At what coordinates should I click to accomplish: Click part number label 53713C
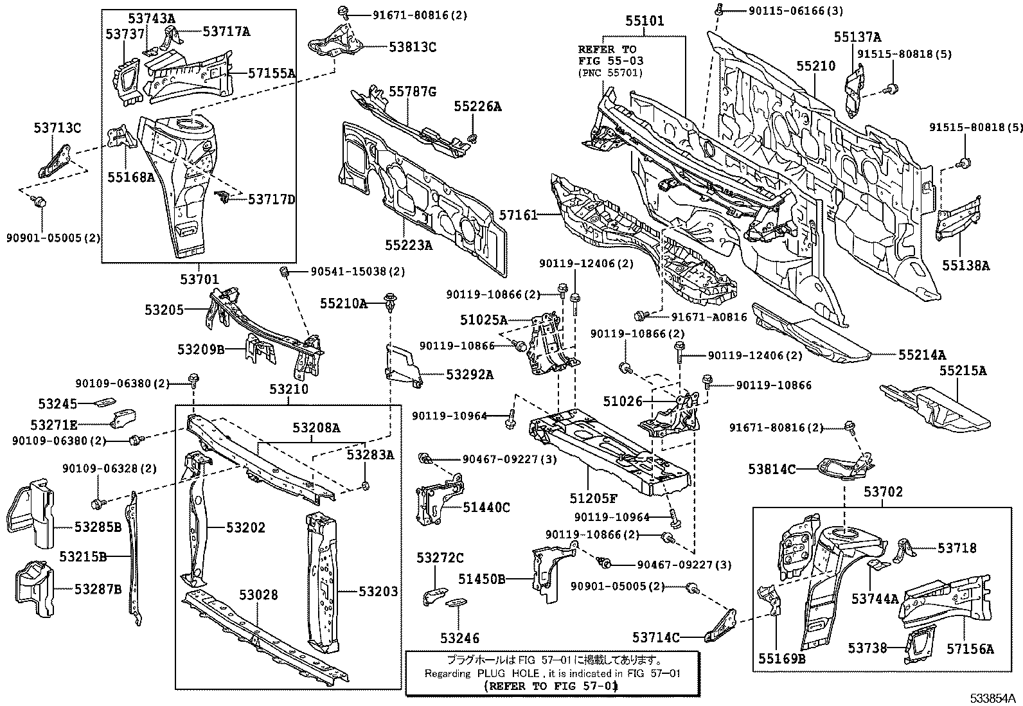pos(57,128)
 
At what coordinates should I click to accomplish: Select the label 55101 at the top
pos(645,21)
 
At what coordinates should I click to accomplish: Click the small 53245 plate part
pos(103,403)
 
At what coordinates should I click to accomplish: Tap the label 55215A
pos(962,371)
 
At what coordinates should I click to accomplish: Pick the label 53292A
pos(470,374)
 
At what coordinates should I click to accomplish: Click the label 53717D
pos(271,199)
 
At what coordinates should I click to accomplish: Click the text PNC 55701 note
pos(610,73)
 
